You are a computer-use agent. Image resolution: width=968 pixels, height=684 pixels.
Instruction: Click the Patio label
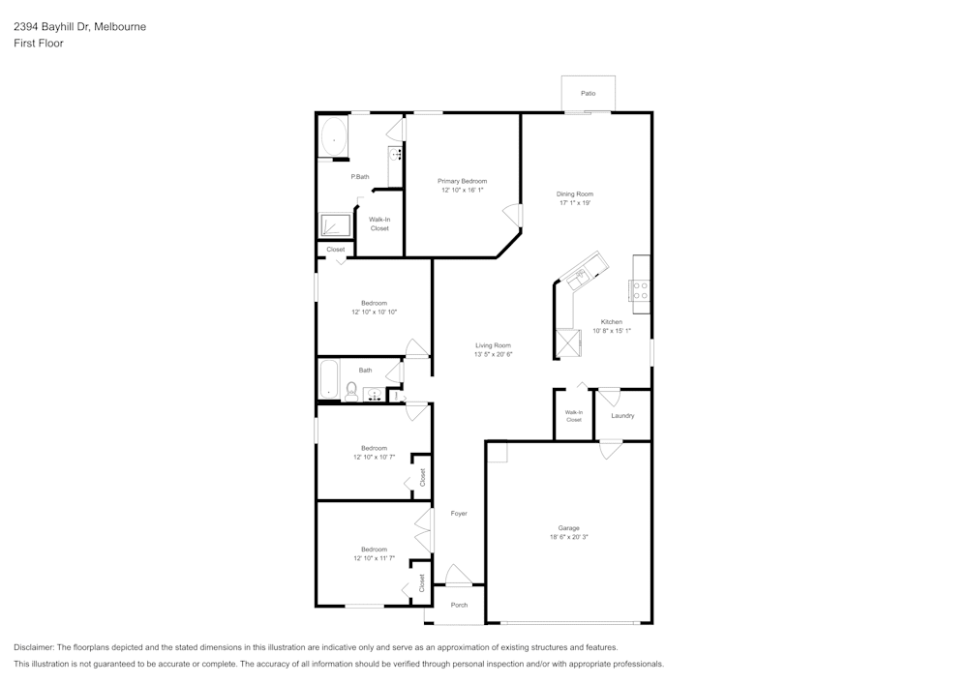pos(588,93)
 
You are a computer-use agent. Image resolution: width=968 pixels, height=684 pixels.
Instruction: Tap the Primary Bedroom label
pos(463,181)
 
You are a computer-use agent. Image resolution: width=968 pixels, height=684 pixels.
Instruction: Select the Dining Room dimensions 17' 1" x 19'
pos(575,203)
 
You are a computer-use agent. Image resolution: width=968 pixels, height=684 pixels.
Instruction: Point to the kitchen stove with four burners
pos(641,291)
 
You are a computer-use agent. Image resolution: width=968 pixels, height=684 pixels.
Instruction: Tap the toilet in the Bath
pos(351,391)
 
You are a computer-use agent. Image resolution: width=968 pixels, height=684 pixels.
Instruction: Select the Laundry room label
pos(622,416)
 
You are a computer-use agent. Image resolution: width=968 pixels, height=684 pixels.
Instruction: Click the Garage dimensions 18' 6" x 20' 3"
pos(568,537)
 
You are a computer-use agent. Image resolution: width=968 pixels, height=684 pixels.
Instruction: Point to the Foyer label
pos(459,513)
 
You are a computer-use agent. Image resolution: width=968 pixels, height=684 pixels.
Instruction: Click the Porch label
pos(459,605)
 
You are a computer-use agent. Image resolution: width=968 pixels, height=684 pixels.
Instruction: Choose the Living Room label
pos(493,345)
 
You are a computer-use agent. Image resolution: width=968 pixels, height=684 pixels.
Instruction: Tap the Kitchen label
pos(612,322)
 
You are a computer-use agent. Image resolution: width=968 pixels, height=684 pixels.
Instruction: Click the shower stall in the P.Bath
pos(336,225)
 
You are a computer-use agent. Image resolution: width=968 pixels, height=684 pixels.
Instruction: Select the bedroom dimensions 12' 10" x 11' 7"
pos(374,558)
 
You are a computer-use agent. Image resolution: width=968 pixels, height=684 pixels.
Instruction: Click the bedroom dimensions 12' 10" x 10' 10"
pos(374,312)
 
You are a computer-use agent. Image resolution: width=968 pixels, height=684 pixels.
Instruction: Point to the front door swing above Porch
pos(459,576)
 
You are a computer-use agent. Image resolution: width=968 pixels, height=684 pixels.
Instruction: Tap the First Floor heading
pos(39,44)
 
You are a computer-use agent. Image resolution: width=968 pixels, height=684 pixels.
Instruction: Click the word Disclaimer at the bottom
pos(34,647)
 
